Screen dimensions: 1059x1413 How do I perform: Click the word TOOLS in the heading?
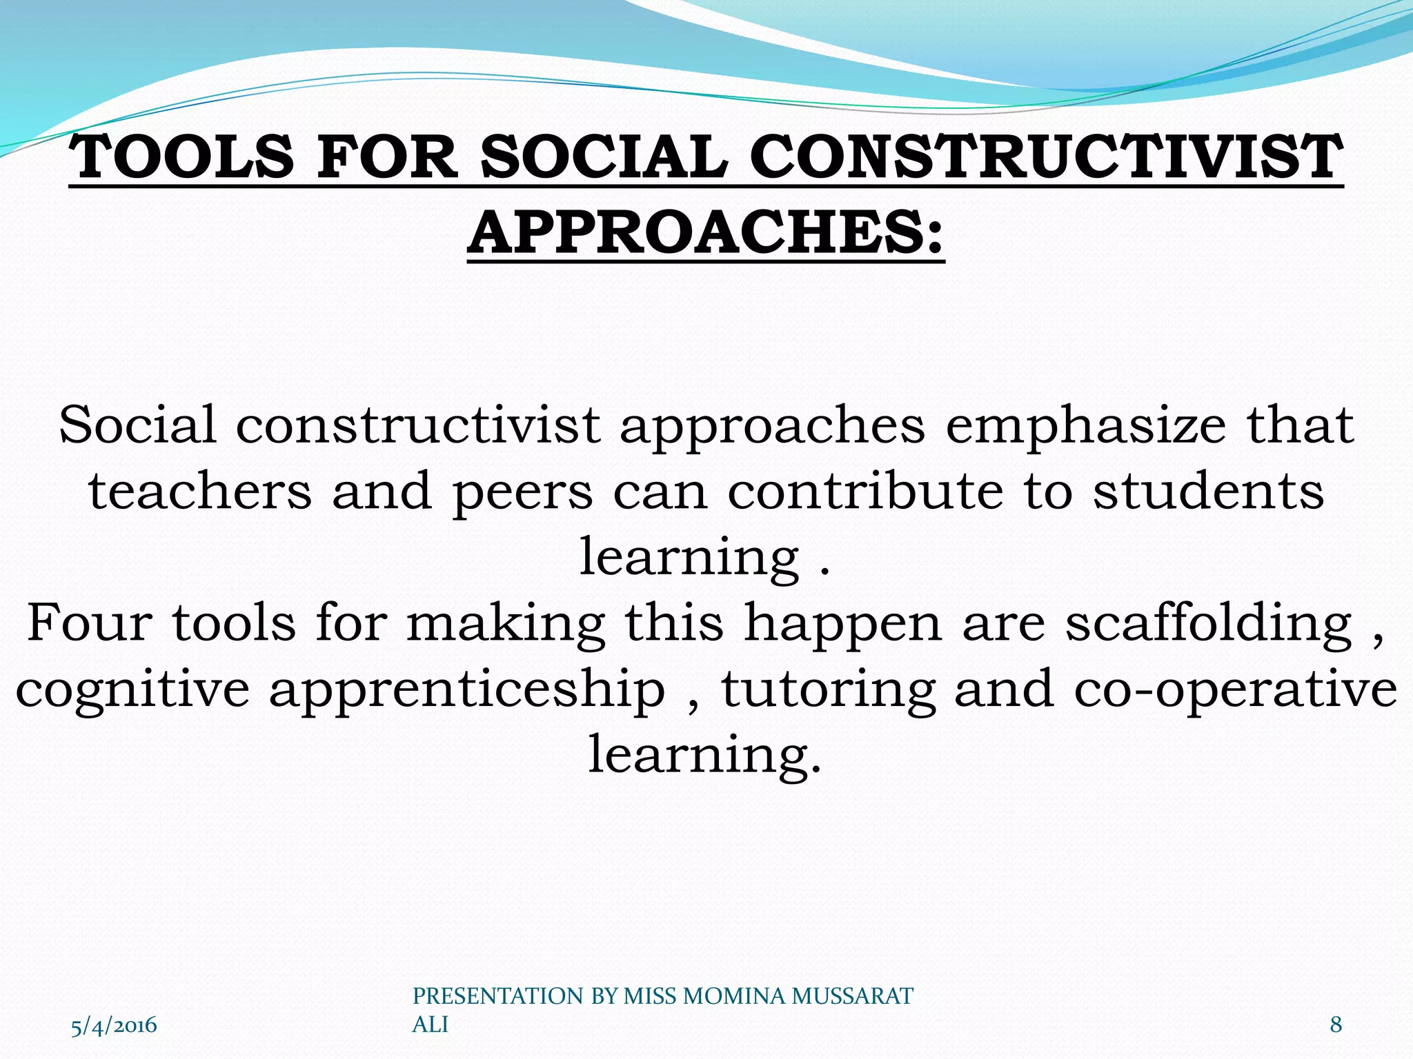click(184, 157)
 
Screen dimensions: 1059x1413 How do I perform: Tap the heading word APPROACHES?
click(705, 232)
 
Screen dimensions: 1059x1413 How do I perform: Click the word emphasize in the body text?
click(1085, 425)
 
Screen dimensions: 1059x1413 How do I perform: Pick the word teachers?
click(200, 491)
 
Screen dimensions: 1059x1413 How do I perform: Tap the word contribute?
click(865, 491)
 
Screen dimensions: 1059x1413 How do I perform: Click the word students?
click(1208, 491)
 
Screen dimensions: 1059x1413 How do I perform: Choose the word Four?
click(89, 623)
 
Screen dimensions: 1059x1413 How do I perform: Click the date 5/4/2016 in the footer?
click(114, 1025)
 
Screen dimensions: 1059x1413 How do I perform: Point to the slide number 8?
click(1336, 1025)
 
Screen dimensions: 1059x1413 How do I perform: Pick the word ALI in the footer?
click(430, 1025)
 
